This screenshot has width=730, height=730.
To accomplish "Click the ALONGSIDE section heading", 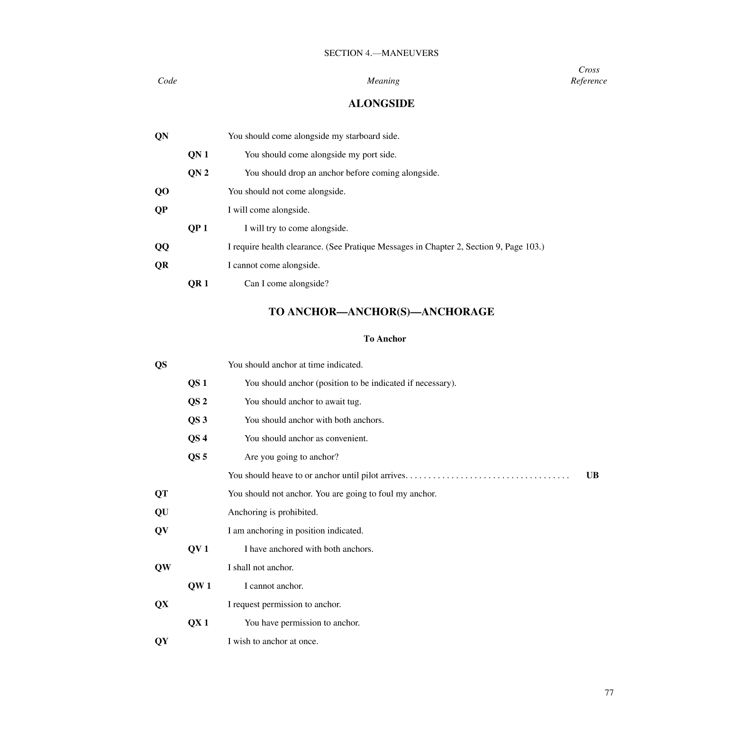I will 381,104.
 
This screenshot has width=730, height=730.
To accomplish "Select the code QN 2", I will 198,173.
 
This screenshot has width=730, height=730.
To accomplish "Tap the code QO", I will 162,192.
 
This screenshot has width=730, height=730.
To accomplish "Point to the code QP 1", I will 198,228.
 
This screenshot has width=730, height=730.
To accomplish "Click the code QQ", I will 162,247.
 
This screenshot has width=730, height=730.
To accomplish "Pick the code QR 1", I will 198,284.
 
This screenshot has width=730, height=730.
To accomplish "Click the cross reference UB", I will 592,475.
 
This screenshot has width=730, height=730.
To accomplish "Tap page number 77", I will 609,693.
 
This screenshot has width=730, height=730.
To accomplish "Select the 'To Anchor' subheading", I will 384,339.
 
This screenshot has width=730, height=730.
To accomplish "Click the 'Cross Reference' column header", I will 589,75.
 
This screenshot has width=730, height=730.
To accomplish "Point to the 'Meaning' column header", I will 383,81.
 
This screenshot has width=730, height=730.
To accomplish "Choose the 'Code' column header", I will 167,81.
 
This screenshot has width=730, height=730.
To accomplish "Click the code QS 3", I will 197,420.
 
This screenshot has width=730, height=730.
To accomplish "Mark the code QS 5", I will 197,457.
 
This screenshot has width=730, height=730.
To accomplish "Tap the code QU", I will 162,512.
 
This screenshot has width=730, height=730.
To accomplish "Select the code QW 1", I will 199,586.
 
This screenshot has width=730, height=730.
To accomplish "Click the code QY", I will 162,642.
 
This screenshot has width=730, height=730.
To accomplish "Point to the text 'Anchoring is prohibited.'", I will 273,512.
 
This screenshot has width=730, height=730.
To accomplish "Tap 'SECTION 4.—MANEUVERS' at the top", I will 381,53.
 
